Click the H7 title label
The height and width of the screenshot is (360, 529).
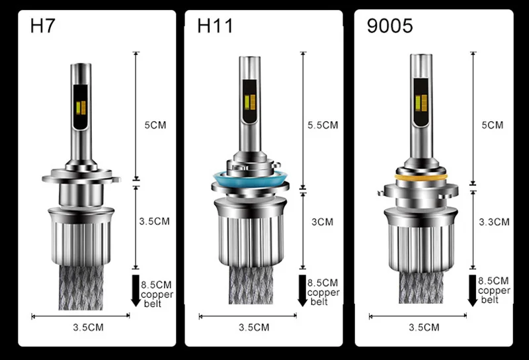click(x=42, y=26)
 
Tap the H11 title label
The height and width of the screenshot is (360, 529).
click(x=215, y=26)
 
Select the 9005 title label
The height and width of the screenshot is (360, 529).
click(x=389, y=26)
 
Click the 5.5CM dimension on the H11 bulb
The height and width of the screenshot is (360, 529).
click(x=323, y=125)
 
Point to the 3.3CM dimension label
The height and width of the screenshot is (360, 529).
click(x=494, y=222)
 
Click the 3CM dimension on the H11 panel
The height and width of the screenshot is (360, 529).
click(x=322, y=222)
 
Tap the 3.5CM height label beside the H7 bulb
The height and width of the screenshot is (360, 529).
click(x=154, y=221)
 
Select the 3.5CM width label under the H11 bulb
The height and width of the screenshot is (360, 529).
click(x=254, y=327)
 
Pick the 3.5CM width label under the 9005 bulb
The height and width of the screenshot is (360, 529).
click(x=424, y=327)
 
